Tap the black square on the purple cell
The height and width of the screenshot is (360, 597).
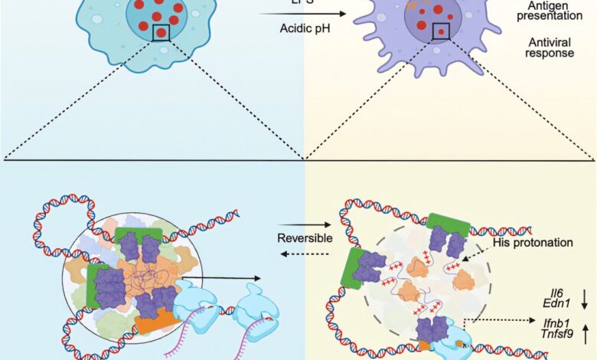[x=442, y=30]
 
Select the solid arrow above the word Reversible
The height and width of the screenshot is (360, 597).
[x=303, y=226]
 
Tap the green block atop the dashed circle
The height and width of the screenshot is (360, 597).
[x=448, y=224]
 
